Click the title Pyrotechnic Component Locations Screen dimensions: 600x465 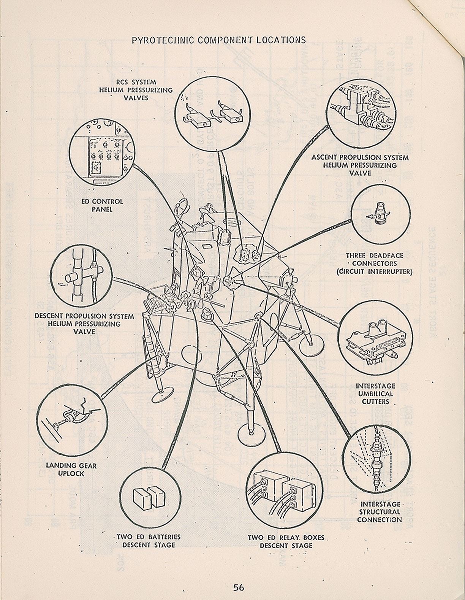[218, 40]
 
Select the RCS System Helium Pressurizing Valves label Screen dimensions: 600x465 [136, 90]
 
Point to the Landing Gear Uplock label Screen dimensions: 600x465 [71, 470]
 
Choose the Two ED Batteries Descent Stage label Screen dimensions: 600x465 [149, 541]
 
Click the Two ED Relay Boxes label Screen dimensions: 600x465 [286, 541]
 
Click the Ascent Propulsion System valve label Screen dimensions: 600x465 [360, 165]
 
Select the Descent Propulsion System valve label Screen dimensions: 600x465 [84, 324]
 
